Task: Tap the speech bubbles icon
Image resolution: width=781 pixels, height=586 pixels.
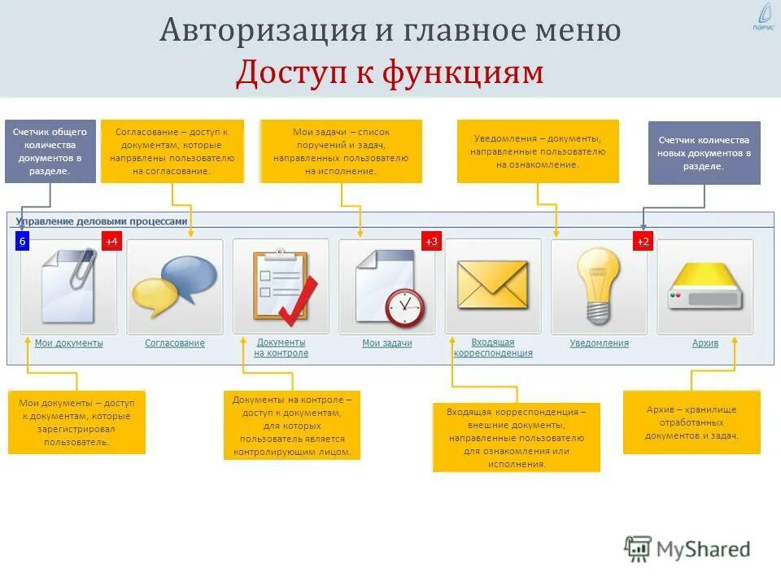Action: tap(175, 286)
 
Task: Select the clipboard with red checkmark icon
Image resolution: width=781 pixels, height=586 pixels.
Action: tap(281, 286)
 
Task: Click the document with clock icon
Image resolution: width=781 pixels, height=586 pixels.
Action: tap(387, 286)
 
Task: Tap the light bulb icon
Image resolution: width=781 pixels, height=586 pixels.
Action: tap(599, 286)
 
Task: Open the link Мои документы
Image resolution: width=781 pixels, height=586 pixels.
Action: tap(68, 343)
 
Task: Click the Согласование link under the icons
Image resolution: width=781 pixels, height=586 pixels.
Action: tap(175, 343)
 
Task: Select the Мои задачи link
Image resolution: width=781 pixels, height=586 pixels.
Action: tap(387, 343)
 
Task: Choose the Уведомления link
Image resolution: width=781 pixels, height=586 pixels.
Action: tap(599, 343)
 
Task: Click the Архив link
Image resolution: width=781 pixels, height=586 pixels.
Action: tap(705, 343)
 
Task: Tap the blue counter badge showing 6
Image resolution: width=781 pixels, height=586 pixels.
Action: tap(22, 242)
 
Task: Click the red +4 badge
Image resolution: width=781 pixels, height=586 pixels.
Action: tap(111, 242)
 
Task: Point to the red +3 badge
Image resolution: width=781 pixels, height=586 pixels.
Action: tap(430, 242)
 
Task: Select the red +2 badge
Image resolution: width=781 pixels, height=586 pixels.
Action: tap(643, 242)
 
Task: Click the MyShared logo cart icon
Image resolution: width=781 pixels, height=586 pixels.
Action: tap(639, 549)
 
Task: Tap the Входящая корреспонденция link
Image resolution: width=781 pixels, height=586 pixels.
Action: tap(493, 348)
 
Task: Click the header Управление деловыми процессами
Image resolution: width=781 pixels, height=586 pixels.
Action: tap(101, 221)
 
